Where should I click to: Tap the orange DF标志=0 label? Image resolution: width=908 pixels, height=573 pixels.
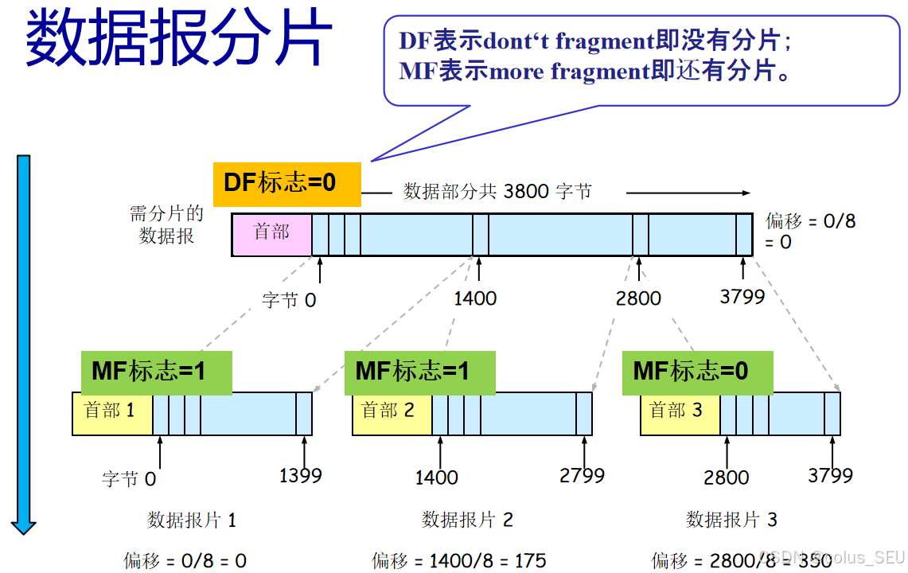point(286,183)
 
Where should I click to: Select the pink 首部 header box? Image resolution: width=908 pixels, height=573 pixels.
point(271,234)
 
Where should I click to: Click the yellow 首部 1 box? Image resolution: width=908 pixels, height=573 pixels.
point(112,412)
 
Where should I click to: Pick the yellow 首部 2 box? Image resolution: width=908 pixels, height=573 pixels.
point(391,412)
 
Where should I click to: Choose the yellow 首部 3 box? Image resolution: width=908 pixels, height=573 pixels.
point(679,412)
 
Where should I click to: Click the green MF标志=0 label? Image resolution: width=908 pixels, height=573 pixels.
point(696,372)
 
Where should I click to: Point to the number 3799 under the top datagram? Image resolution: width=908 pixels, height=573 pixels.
point(742,297)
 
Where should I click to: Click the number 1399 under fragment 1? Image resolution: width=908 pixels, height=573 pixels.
point(301,476)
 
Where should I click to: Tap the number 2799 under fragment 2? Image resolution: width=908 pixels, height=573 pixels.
point(582,476)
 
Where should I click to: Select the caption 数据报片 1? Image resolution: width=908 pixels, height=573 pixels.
point(192,520)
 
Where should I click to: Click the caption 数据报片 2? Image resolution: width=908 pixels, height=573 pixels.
point(467,520)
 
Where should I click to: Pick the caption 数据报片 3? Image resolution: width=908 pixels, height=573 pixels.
point(731,520)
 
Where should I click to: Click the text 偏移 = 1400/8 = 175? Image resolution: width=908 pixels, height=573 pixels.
point(459,561)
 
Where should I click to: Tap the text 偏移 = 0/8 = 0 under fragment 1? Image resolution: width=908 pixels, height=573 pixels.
point(185,561)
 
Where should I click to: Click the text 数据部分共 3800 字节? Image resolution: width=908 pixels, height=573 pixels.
point(497,191)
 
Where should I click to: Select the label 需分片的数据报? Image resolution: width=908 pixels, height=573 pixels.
point(167,224)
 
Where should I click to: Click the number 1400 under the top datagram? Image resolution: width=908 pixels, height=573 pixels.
point(475,298)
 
